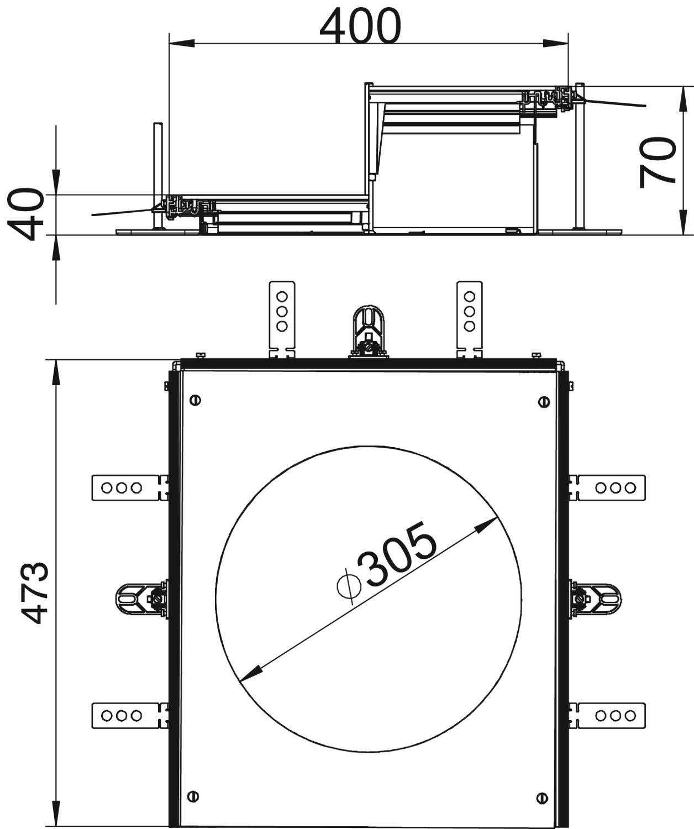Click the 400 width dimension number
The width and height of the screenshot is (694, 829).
click(360, 26)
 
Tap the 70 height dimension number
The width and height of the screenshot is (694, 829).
click(656, 162)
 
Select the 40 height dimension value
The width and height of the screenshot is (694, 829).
click(25, 214)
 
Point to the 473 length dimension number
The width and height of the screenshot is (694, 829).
click(35, 593)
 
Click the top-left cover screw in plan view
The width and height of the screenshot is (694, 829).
click(196, 400)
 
